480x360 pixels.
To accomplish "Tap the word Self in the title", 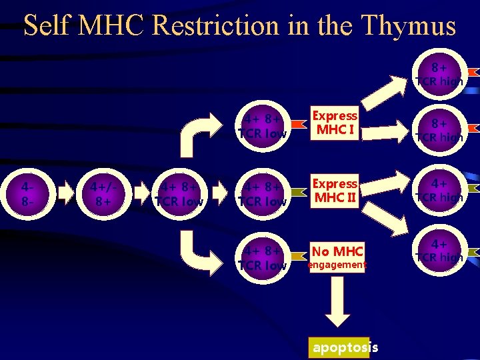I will tap(48, 26).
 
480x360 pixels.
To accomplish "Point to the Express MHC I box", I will tap(336, 123).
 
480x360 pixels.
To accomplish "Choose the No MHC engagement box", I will tap(337, 257).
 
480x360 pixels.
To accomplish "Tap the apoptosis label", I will tap(345, 347).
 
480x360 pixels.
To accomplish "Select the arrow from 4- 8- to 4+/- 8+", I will tap(67, 193).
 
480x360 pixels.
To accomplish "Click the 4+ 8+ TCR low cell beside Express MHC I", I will tap(263, 125).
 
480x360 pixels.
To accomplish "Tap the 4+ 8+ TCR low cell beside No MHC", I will tap(263, 258).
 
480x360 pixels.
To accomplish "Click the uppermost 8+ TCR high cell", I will tap(439, 74).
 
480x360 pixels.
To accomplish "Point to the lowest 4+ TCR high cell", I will tap(439, 251).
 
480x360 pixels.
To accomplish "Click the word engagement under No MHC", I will tap(337, 265).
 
